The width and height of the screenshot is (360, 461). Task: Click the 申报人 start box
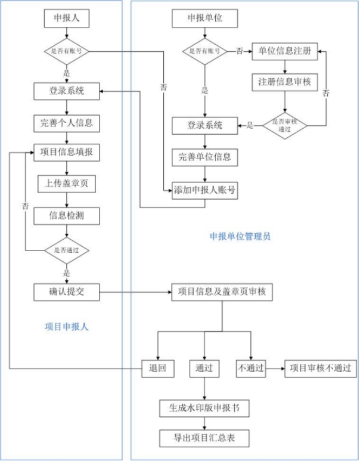(67, 18)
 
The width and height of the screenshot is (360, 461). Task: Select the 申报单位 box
(205, 18)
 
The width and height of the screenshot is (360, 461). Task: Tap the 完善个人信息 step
(67, 123)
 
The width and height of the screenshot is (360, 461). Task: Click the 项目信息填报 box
(67, 153)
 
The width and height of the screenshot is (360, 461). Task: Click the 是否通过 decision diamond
(67, 250)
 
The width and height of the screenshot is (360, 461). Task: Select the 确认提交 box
(67, 292)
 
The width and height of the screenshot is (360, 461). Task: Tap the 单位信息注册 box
(285, 50)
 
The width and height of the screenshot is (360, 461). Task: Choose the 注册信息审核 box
(285, 81)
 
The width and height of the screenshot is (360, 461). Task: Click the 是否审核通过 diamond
(285, 125)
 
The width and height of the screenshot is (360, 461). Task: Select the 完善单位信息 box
(205, 157)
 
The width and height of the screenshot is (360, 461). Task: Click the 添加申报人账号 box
(205, 190)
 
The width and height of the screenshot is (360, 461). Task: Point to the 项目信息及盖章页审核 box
(222, 292)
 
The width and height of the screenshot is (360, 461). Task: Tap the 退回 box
(158, 368)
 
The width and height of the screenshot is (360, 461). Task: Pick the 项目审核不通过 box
(321, 368)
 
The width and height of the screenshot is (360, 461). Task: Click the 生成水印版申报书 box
(204, 409)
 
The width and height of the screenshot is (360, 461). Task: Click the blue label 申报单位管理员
(240, 236)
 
